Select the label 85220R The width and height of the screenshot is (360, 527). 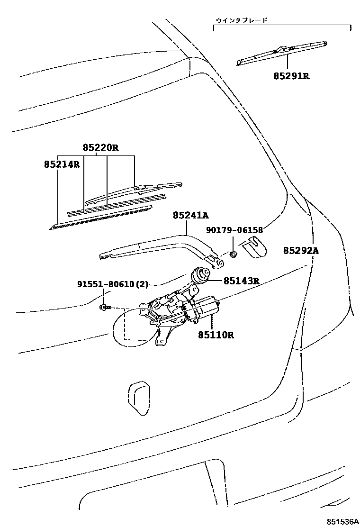(100, 148)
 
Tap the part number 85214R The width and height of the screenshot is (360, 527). (62, 165)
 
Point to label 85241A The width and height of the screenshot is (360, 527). (190, 216)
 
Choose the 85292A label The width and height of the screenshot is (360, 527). (301, 251)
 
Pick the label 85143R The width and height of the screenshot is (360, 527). (242, 281)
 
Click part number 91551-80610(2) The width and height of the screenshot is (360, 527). (113, 284)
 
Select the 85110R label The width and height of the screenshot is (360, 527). (216, 335)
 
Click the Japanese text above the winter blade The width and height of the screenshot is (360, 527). (241, 20)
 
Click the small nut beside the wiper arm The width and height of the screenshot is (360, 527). (233, 254)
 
